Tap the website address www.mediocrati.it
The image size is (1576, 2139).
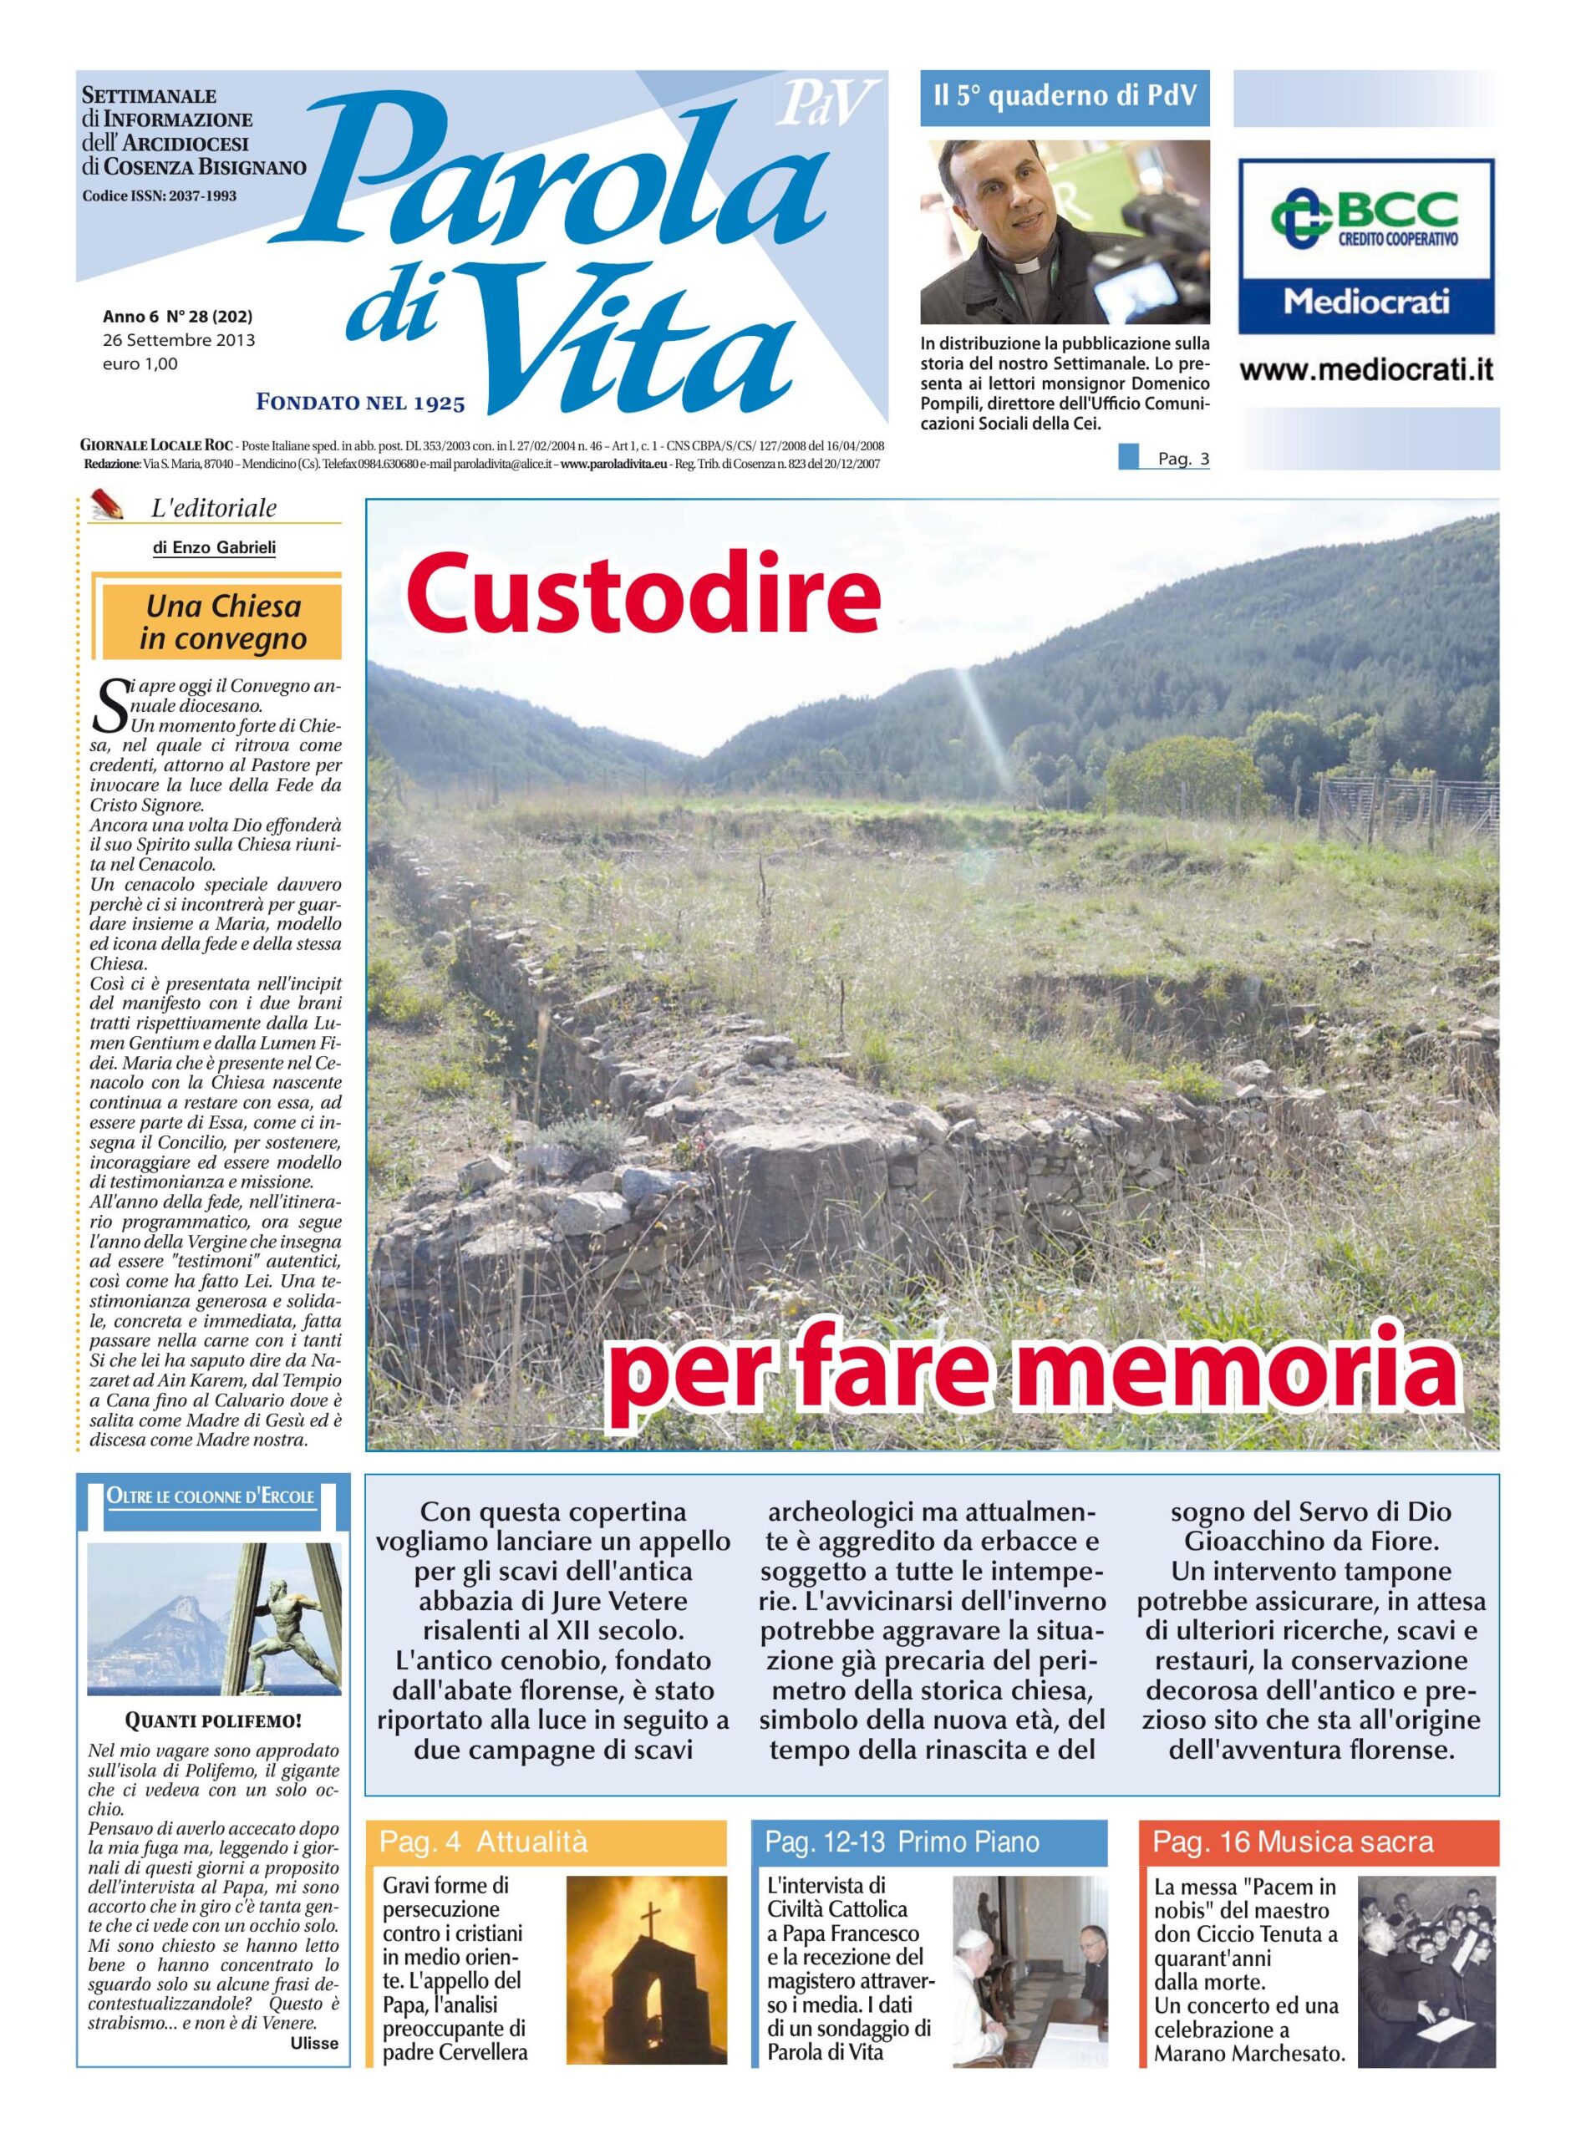point(1366,372)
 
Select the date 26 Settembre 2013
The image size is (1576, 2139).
point(178,339)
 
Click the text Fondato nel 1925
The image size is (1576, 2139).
point(361,404)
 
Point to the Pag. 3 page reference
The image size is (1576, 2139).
point(1183,460)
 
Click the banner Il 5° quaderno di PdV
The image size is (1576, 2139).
point(1064,97)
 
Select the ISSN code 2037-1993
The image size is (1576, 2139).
point(196,196)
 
